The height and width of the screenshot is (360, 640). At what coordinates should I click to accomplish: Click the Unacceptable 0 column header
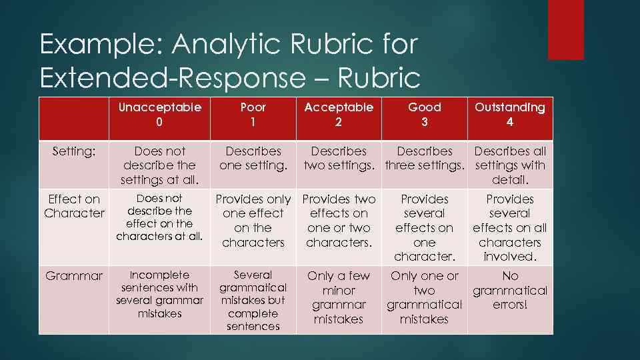(x=159, y=115)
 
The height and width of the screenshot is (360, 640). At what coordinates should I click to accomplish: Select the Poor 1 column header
(x=253, y=115)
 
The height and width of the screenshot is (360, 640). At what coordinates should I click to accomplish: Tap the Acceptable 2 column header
(x=339, y=115)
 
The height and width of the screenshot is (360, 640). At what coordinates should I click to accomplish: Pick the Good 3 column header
(x=424, y=115)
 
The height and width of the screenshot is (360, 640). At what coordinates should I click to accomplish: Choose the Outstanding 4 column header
(x=509, y=115)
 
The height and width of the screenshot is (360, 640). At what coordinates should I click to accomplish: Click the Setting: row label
(x=73, y=152)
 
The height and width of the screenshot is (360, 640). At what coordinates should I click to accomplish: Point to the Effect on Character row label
(x=74, y=206)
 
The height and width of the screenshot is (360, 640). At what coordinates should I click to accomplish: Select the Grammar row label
(x=74, y=275)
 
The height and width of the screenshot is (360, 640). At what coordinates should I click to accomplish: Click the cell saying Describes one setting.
(x=253, y=159)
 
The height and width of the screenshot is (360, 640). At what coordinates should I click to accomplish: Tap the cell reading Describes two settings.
(x=339, y=159)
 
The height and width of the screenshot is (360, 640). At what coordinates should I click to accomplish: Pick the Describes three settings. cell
(x=424, y=159)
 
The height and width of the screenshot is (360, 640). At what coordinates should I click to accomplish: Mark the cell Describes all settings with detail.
(x=509, y=165)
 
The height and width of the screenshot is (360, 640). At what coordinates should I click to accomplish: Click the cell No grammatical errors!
(x=509, y=290)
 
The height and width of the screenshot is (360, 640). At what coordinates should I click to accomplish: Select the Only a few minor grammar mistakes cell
(x=339, y=297)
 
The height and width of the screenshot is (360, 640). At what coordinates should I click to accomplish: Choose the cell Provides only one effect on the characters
(x=253, y=221)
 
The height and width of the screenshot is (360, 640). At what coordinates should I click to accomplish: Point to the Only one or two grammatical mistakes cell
(x=424, y=297)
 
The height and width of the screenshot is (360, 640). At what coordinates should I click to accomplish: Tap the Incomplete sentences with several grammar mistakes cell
(x=159, y=294)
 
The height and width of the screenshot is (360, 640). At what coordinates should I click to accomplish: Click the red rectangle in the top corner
(x=565, y=29)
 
